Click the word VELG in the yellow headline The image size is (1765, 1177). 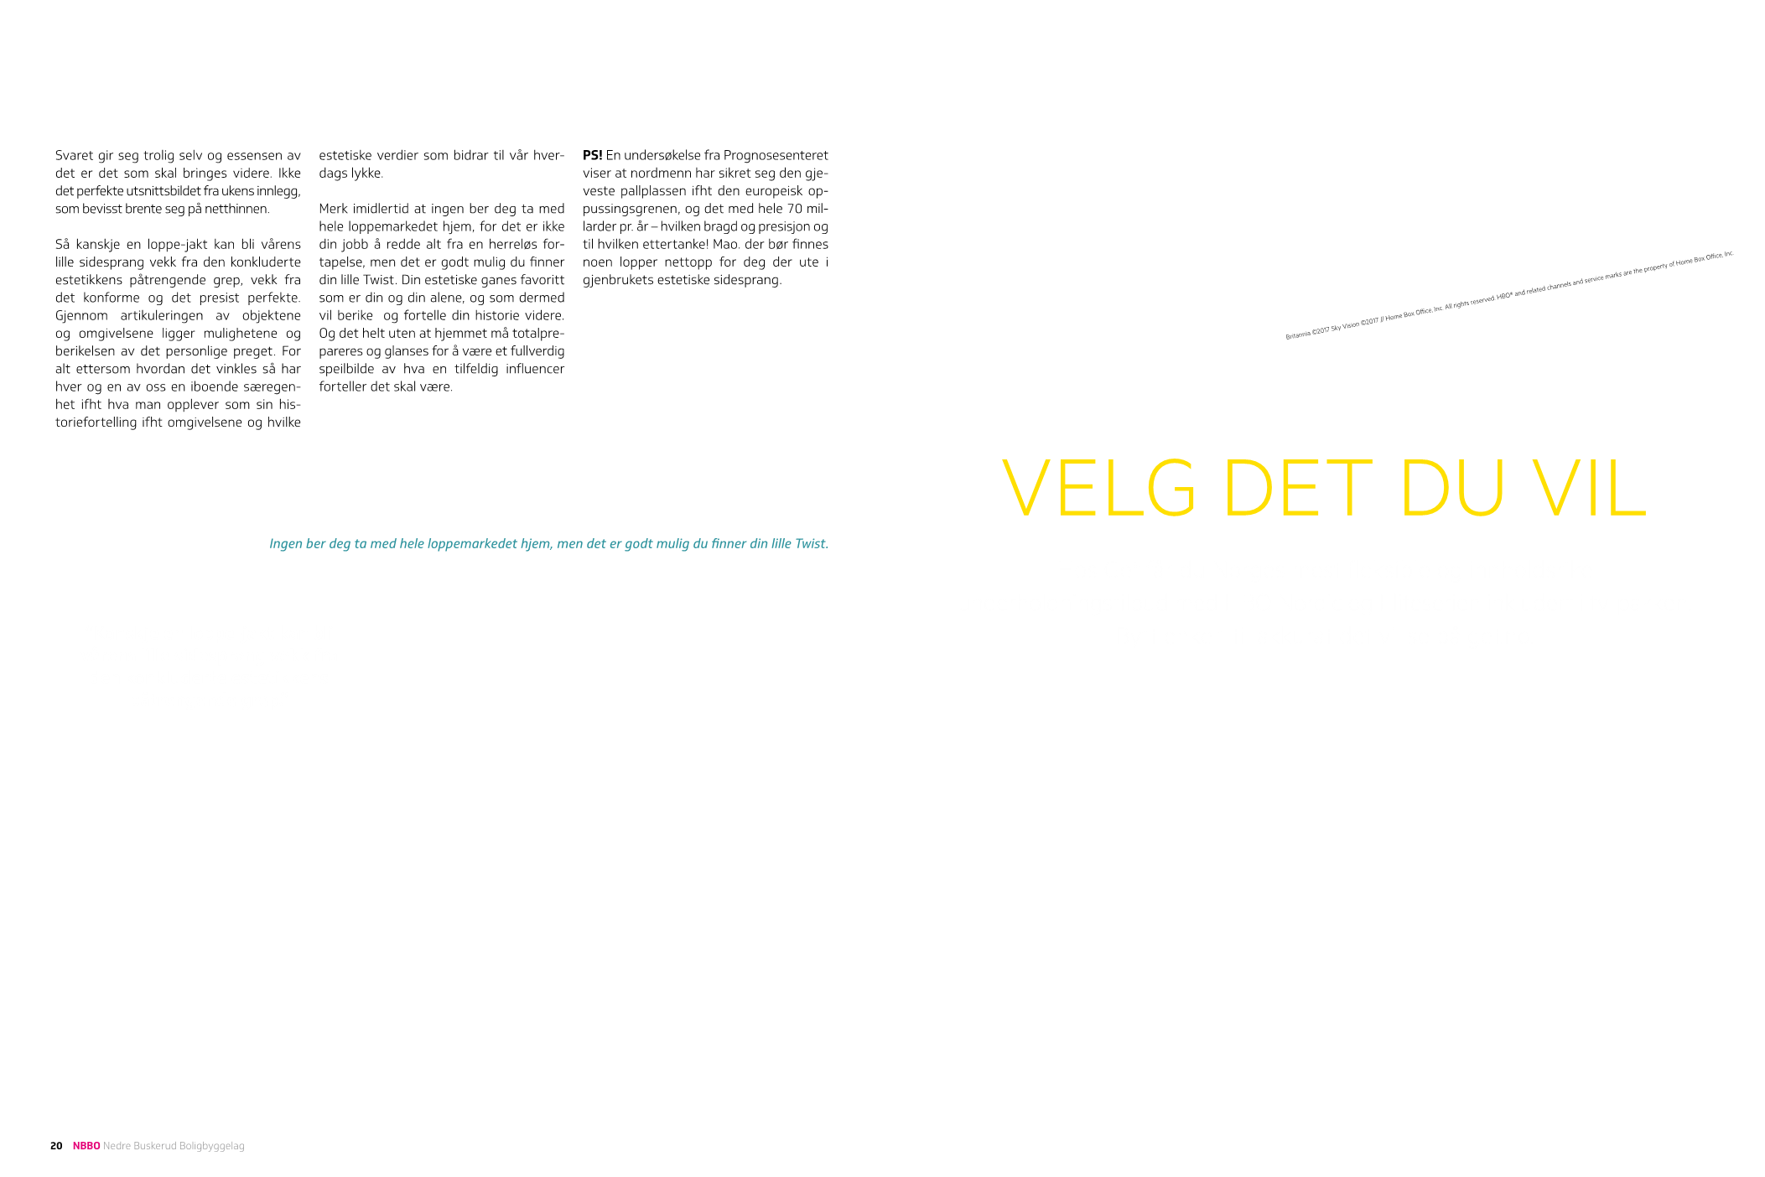pos(1098,489)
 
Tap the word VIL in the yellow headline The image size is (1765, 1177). pos(1588,489)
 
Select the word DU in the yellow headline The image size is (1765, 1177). pos(1451,489)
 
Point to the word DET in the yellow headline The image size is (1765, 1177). pos(1297,489)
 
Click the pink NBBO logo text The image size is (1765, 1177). pos(86,1146)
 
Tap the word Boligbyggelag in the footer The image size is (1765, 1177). pos(211,1146)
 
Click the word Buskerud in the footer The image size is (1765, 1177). pos(154,1146)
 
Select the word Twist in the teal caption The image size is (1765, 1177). pos(811,544)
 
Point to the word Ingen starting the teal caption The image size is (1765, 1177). pos(286,544)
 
